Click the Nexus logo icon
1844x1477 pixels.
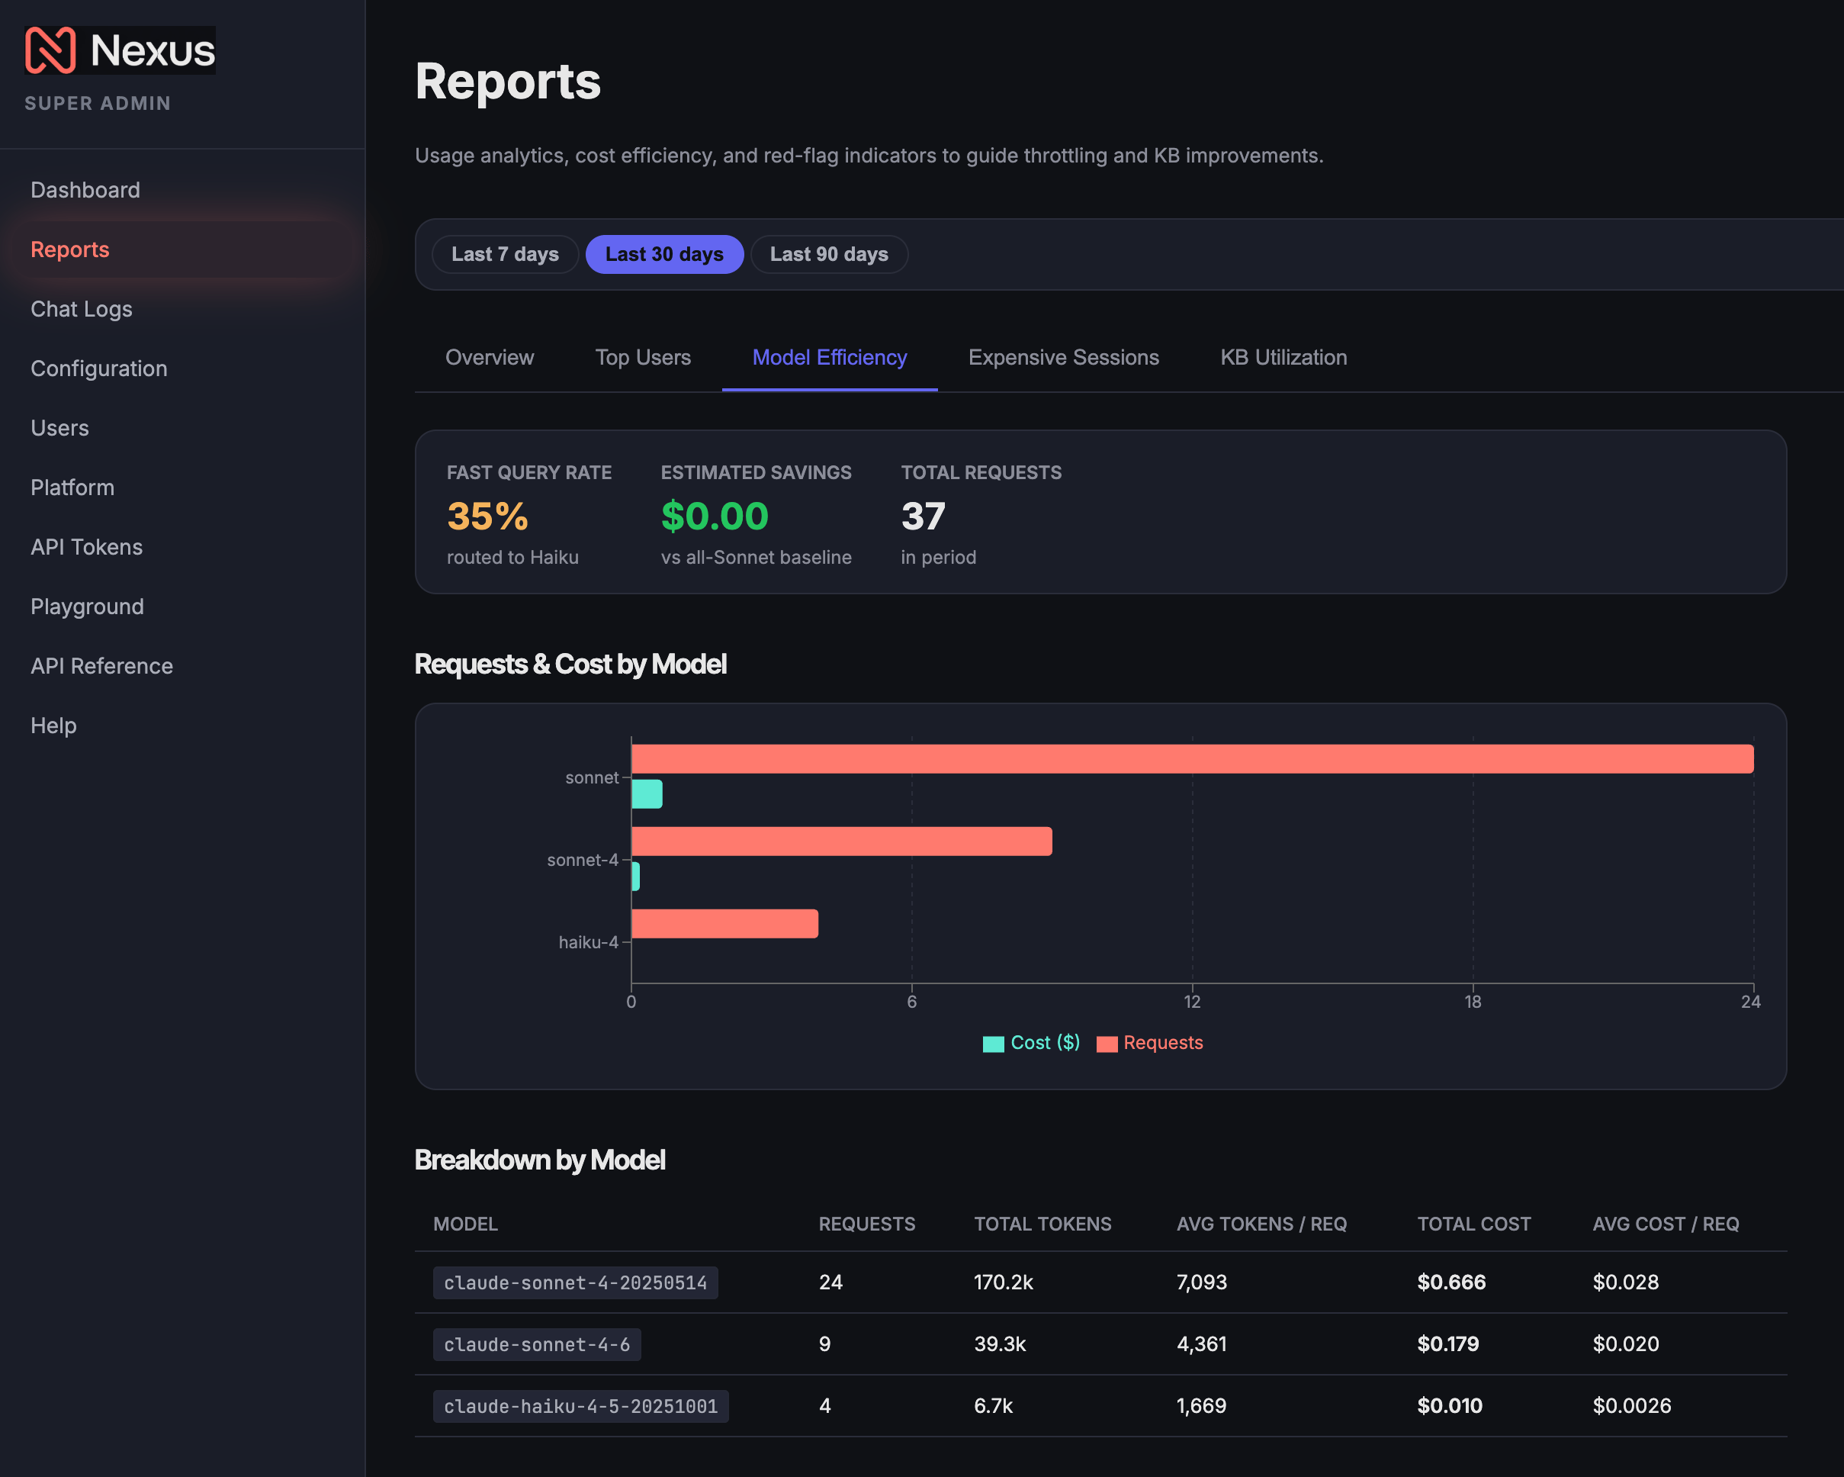click(x=50, y=50)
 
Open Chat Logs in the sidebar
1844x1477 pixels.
click(x=82, y=309)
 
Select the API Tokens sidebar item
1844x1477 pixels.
click(x=86, y=547)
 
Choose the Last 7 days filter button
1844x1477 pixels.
click(x=505, y=254)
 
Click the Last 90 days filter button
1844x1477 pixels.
click(x=829, y=254)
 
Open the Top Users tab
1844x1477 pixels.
click(x=643, y=358)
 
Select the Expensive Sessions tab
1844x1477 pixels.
click(x=1063, y=358)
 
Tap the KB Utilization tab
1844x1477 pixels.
click(x=1283, y=358)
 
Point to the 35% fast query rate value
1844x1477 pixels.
click(x=487, y=516)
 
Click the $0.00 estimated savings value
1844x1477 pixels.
click(x=714, y=516)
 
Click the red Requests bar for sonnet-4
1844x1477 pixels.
click(x=842, y=841)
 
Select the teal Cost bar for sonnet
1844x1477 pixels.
click(x=647, y=794)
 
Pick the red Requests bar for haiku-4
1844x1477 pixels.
click(x=724, y=924)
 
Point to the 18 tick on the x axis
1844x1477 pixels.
click(x=1472, y=1002)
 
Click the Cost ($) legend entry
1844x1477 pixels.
click(x=1032, y=1043)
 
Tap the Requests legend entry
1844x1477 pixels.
click(x=1149, y=1043)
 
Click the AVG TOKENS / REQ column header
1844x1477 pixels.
click(x=1261, y=1224)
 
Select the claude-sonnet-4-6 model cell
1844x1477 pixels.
click(x=537, y=1344)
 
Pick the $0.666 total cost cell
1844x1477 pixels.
click(x=1451, y=1282)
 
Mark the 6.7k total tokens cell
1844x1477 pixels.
click(x=993, y=1406)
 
